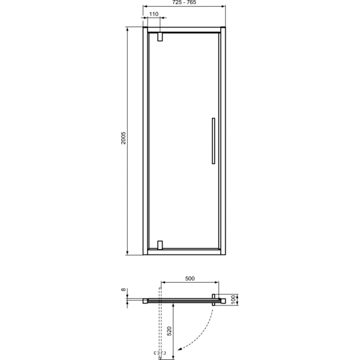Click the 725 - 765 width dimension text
[184, 3]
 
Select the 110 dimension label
[154, 14]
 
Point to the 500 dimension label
[190, 279]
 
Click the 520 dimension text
[169, 331]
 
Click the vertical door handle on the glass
[212, 141]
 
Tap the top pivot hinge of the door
[160, 37]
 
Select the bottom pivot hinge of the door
[160, 245]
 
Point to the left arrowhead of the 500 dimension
[162, 283]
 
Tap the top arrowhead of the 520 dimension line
[173, 305]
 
